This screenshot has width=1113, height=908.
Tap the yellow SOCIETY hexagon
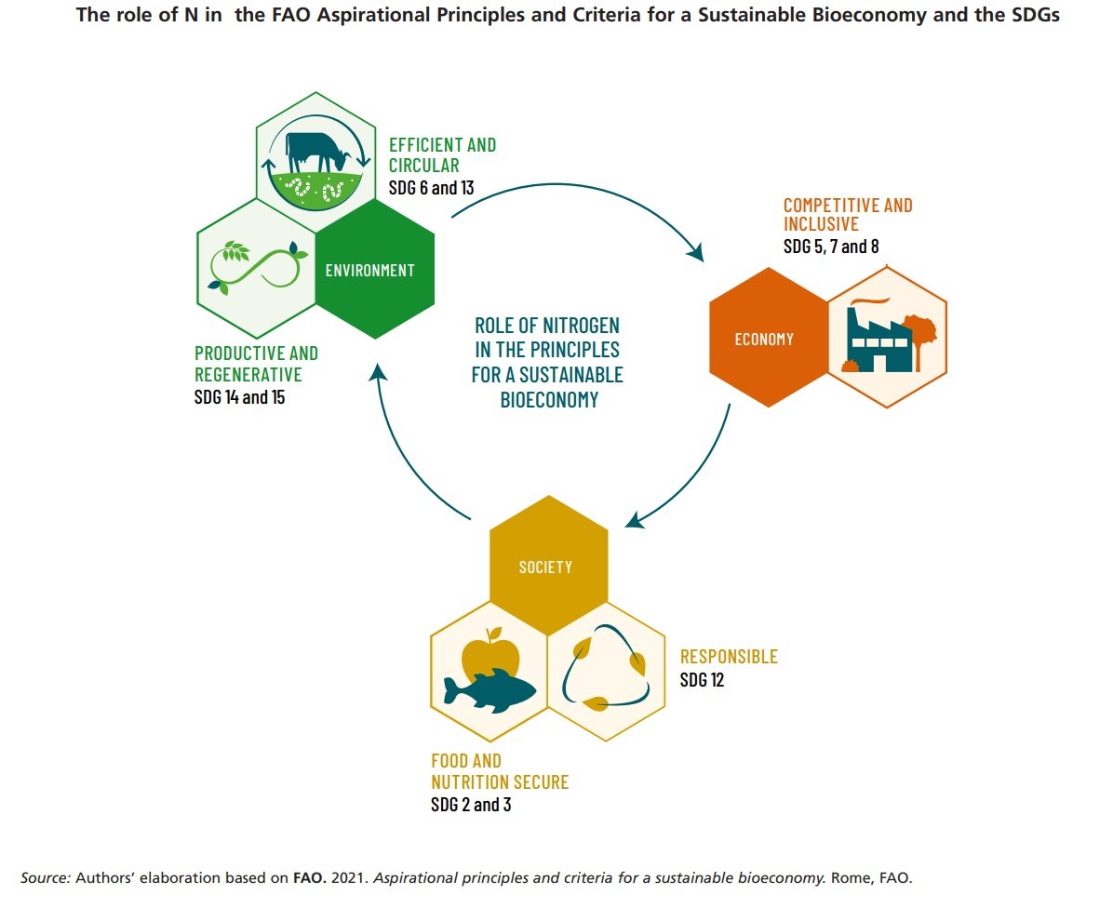pyautogui.click(x=548, y=566)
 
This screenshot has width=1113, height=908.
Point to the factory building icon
pyautogui.click(x=877, y=340)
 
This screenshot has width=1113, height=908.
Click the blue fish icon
pyautogui.click(x=489, y=689)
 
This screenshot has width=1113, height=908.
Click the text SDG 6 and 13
pyautogui.click(x=431, y=187)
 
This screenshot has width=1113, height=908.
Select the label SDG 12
pyautogui.click(x=702, y=680)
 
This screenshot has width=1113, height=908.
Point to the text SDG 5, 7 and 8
pyautogui.click(x=831, y=247)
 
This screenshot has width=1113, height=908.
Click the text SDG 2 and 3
pyautogui.click(x=470, y=805)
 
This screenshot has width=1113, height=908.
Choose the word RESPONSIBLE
pyautogui.click(x=729, y=657)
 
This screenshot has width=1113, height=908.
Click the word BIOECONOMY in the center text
pyautogui.click(x=547, y=399)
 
